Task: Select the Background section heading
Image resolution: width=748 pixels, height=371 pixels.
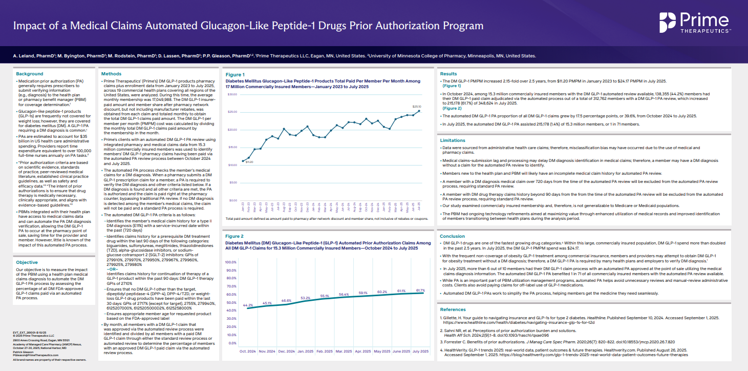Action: pyautogui.click(x=30, y=74)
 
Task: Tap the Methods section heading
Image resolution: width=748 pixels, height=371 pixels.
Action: pyautogui.click(x=112, y=74)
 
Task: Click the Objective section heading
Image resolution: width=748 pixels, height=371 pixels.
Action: pyautogui.click(x=28, y=262)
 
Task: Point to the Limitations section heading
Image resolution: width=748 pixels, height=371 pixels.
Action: pyautogui.click(x=454, y=140)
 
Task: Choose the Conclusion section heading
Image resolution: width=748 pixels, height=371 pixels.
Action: pyautogui.click(x=453, y=236)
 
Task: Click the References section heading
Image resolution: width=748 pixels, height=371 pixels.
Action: pyautogui.click(x=454, y=310)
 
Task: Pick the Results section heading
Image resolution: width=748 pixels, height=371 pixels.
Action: pyautogui.click(x=448, y=74)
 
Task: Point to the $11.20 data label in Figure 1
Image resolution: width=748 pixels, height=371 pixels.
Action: pyautogui.click(x=249, y=162)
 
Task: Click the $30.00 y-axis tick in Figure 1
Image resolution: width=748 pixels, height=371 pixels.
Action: pyautogui.click(x=233, y=95)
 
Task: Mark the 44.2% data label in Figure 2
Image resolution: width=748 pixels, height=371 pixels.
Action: pyautogui.click(x=248, y=305)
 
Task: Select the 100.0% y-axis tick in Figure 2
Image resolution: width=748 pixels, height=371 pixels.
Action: pyautogui.click(x=231, y=262)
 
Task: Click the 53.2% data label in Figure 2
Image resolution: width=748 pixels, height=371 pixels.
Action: pyautogui.click(x=306, y=298)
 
